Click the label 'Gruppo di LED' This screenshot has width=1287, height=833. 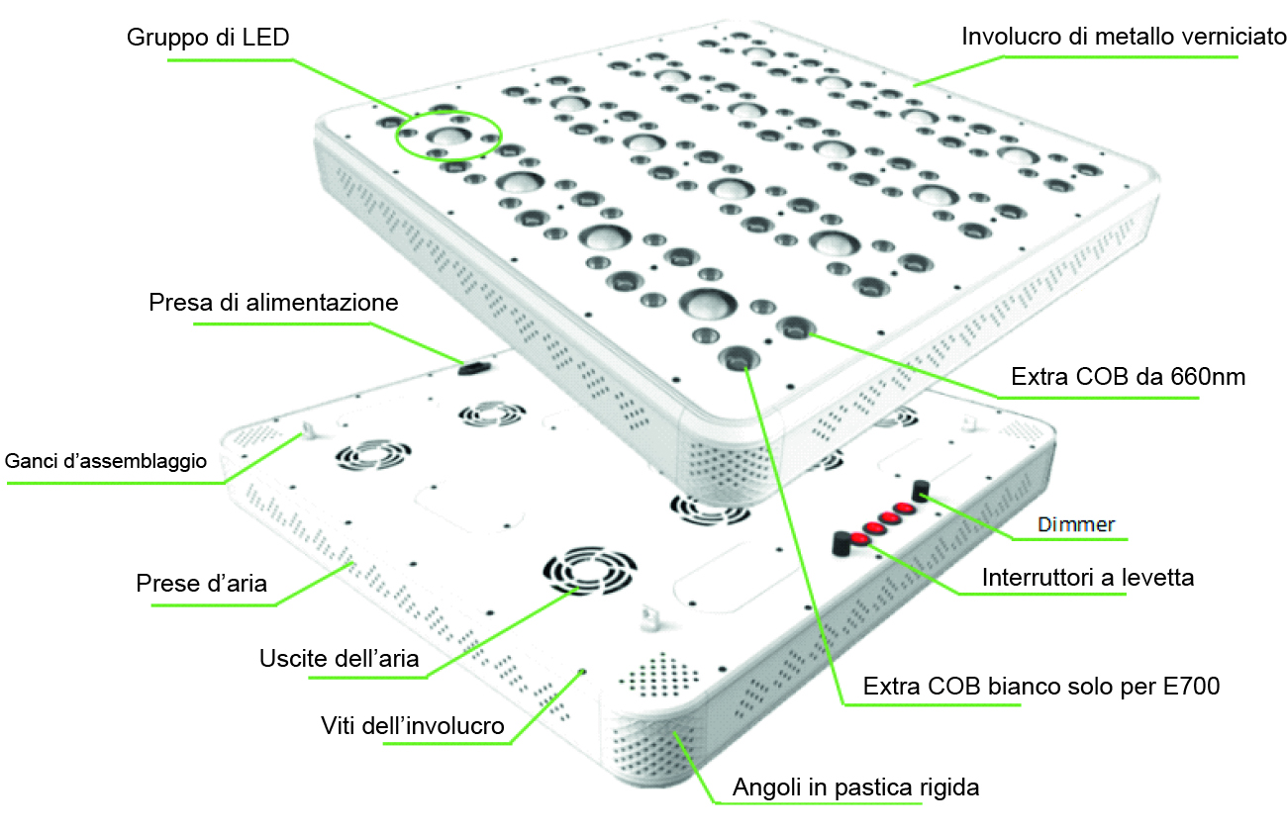point(208,38)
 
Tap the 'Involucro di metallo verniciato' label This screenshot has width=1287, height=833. point(1124,37)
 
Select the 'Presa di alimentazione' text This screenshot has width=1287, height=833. point(273,303)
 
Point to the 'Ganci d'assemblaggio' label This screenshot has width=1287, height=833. point(106,461)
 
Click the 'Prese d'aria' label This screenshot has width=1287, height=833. point(202,584)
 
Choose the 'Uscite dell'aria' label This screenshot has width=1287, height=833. point(339,659)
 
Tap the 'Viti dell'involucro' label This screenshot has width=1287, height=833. point(413,726)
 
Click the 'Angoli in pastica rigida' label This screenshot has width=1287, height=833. point(855,787)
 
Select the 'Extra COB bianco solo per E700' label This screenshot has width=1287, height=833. point(1041,687)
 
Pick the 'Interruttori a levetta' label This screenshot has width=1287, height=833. point(1088,578)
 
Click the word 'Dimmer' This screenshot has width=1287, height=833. point(1076,524)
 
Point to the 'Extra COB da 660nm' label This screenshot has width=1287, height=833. point(1128,377)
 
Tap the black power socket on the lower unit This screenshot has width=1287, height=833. point(473,367)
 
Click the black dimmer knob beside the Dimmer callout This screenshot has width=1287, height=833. point(921,491)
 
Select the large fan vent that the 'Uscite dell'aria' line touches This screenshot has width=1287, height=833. point(589,570)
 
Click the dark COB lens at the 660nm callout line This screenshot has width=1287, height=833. point(796,327)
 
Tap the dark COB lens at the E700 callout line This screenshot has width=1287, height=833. point(739,358)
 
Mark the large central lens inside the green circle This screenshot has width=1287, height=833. point(448,137)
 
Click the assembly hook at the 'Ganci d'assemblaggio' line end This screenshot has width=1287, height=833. point(309,430)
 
